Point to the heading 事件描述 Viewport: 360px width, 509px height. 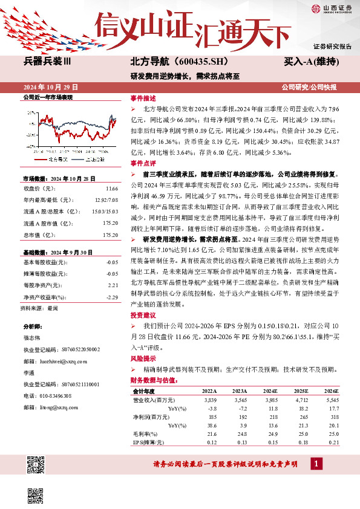coord(143,98)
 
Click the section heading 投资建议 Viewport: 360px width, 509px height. coord(143,315)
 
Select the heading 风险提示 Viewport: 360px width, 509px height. coord(143,358)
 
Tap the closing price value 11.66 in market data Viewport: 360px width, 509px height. coord(111,187)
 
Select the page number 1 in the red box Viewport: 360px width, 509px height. coord(315,463)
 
